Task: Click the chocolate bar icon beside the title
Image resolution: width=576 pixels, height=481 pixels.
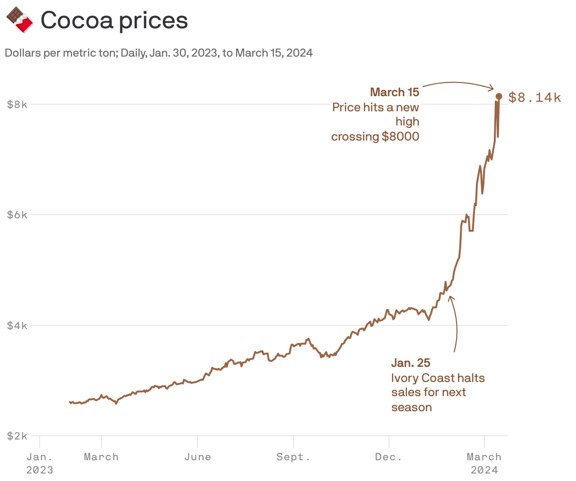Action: (19, 20)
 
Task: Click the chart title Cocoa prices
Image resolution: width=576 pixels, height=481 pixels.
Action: (114, 20)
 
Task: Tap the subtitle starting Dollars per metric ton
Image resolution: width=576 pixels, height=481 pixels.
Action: (159, 53)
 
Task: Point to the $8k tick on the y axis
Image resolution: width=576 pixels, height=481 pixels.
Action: (17, 104)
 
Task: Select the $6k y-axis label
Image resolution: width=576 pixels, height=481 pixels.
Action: (17, 215)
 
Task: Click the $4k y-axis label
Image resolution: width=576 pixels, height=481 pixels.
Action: (17, 325)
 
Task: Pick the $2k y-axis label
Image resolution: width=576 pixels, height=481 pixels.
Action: (17, 436)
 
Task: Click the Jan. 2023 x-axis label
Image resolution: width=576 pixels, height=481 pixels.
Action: (40, 463)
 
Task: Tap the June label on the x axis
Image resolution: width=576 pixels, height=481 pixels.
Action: (197, 457)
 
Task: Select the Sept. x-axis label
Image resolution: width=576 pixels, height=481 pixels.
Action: (293, 457)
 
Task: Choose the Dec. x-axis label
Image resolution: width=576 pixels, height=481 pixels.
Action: (389, 457)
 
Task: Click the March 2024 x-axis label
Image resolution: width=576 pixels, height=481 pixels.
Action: (484, 463)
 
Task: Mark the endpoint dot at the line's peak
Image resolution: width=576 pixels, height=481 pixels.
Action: (499, 96)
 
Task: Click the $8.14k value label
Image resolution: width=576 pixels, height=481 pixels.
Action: (534, 98)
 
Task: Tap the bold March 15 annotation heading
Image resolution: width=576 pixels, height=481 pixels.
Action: (394, 92)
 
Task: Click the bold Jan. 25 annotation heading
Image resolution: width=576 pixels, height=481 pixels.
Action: (411, 363)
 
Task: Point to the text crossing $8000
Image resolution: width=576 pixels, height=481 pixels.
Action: (375, 137)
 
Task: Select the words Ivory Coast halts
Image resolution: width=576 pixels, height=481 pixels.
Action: (438, 378)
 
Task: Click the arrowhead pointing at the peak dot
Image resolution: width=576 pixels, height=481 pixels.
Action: (492, 88)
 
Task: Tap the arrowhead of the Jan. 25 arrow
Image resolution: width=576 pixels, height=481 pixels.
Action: (450, 298)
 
